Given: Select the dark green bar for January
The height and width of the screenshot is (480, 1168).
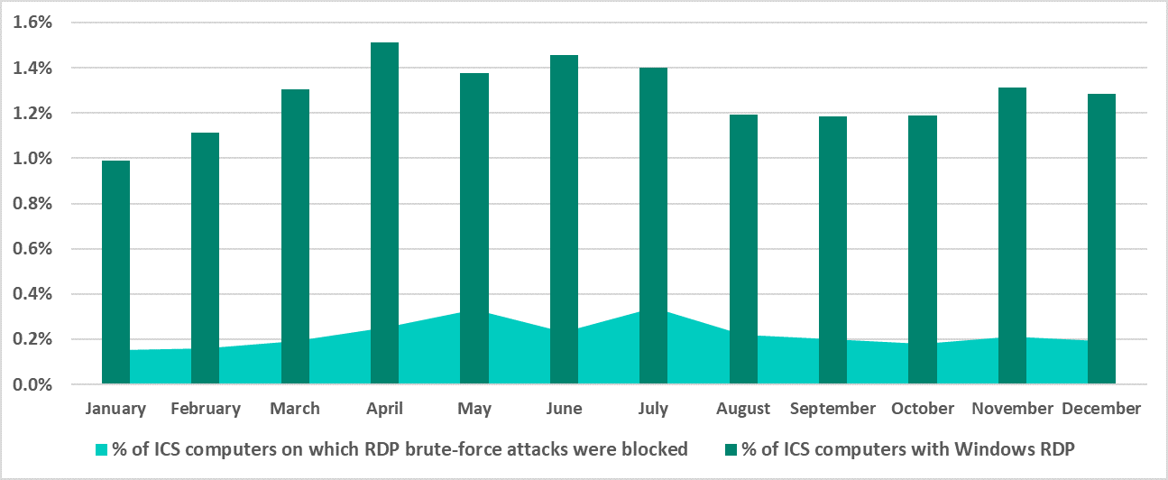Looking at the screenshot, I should tap(115, 271).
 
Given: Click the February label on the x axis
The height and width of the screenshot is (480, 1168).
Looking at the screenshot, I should tap(206, 409).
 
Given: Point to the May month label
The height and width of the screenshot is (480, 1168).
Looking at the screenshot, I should tap(474, 409).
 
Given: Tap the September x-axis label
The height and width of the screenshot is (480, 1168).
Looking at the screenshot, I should tap(832, 409).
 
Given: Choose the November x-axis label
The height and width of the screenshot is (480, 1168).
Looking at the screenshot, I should tap(1012, 409).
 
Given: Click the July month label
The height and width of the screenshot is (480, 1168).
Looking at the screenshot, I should tap(653, 409).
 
